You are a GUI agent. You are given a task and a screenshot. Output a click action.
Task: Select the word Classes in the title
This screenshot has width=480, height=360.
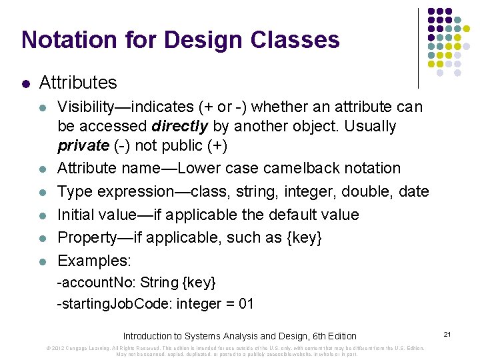tap(295, 40)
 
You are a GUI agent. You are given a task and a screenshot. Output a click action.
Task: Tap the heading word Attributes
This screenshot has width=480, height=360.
tap(78, 83)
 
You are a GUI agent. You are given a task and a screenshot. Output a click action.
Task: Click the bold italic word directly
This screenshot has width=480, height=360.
tap(179, 126)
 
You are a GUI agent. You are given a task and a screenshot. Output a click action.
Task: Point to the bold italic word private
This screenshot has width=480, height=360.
tap(83, 146)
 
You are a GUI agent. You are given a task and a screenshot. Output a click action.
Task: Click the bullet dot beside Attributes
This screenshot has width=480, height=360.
tap(25, 84)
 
